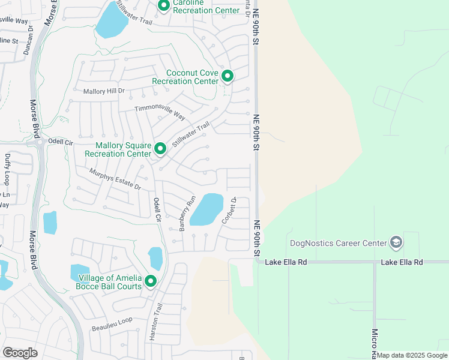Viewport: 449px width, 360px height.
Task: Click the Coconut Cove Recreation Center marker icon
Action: click(227, 76)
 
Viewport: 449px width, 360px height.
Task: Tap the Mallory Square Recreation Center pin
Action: click(160, 149)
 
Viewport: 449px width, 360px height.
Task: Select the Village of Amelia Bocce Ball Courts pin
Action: click(150, 281)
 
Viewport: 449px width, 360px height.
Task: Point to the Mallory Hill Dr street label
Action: click(103, 91)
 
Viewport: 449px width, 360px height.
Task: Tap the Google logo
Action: click(20, 352)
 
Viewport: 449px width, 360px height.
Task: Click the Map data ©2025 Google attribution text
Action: click(412, 355)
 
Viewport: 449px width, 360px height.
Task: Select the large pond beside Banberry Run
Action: click(206, 209)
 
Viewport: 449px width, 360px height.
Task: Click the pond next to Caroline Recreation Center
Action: click(112, 23)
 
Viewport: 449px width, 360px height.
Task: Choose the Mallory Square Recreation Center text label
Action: click(118, 149)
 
